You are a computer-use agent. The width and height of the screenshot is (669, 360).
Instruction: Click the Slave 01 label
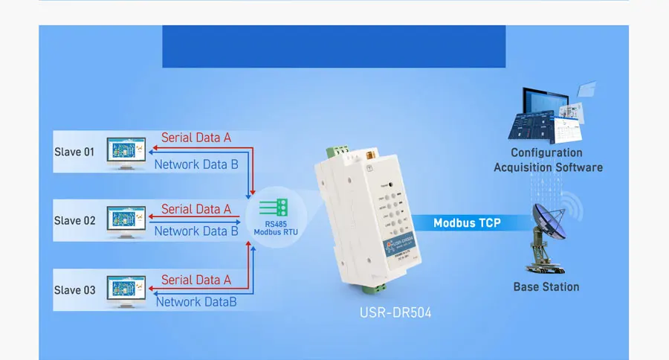click(x=74, y=152)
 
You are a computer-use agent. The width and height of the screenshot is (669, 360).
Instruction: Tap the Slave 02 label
click(x=74, y=220)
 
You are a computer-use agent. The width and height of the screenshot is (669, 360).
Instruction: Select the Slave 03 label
click(x=74, y=289)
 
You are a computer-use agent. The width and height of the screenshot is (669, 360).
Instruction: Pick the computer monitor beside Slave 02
click(x=126, y=219)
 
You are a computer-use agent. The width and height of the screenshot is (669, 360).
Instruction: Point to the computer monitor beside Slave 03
click(x=126, y=289)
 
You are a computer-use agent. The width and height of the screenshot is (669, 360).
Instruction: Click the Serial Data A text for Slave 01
click(x=196, y=138)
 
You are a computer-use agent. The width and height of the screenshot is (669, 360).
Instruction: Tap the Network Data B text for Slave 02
click(x=196, y=231)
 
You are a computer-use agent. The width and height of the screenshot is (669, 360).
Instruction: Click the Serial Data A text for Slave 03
click(x=196, y=280)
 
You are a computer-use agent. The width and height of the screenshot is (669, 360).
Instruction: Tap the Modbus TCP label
click(x=467, y=222)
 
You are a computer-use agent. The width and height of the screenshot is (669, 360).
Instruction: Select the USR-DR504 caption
click(x=391, y=313)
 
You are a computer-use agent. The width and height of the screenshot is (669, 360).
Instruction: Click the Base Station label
click(x=546, y=287)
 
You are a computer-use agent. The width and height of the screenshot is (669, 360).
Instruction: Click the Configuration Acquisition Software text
click(x=548, y=160)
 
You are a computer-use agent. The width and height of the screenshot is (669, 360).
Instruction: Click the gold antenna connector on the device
click(x=366, y=156)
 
